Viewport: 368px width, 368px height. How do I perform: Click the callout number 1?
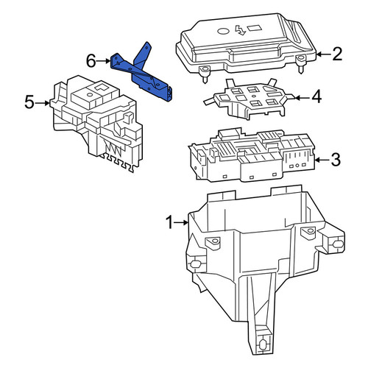(x=169, y=223)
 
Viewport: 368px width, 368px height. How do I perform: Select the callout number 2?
(x=337, y=54)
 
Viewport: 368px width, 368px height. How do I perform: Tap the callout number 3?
(x=336, y=160)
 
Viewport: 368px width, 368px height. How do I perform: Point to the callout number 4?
(x=316, y=96)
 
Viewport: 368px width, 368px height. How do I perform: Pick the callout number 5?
(x=29, y=102)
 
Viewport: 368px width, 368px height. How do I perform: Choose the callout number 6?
(x=91, y=61)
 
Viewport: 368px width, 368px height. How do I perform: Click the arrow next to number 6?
(x=103, y=61)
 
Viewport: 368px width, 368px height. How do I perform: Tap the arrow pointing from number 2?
(x=324, y=54)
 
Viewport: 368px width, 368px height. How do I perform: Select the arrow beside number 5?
(x=42, y=103)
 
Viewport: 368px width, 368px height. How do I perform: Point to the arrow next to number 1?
(x=181, y=222)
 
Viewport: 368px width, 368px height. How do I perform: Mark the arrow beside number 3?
(x=322, y=160)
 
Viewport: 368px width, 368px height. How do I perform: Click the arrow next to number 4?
(x=302, y=98)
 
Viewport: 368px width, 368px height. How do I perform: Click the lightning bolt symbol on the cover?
(x=240, y=30)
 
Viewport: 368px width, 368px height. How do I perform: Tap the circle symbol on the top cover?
(x=223, y=31)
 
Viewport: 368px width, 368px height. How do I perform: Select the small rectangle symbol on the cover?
(x=254, y=28)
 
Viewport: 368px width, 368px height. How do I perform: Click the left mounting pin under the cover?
(x=204, y=74)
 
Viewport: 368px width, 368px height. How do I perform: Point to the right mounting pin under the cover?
(x=301, y=63)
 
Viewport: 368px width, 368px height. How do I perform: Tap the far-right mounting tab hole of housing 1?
(x=339, y=244)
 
